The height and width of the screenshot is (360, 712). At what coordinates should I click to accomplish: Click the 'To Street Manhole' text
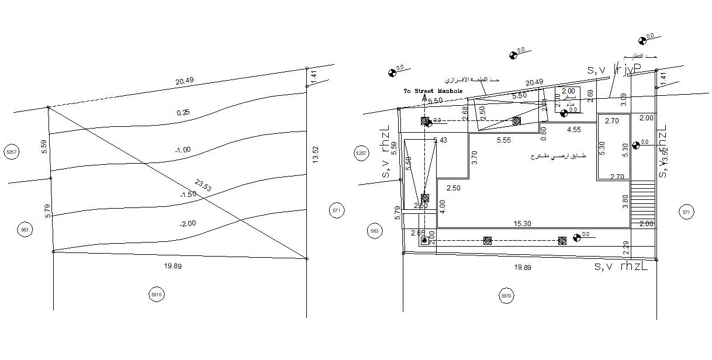tap(433, 91)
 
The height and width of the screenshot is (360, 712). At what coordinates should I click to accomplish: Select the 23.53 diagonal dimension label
tap(202, 186)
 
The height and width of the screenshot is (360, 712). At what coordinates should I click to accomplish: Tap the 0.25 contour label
tap(182, 112)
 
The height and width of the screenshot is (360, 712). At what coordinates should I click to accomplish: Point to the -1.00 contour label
tap(182, 150)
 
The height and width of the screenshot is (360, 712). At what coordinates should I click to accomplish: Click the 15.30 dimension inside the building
tap(522, 223)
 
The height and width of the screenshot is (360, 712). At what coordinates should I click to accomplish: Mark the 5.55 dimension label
tap(504, 140)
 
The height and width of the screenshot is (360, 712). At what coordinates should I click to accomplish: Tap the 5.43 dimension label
tap(440, 140)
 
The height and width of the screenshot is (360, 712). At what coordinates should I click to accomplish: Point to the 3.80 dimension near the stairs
tap(625, 202)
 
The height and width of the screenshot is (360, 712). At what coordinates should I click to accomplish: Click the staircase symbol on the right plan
tap(645, 200)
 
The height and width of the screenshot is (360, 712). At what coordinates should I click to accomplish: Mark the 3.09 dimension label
tap(624, 99)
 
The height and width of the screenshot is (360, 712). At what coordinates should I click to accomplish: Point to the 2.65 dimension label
tap(417, 233)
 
